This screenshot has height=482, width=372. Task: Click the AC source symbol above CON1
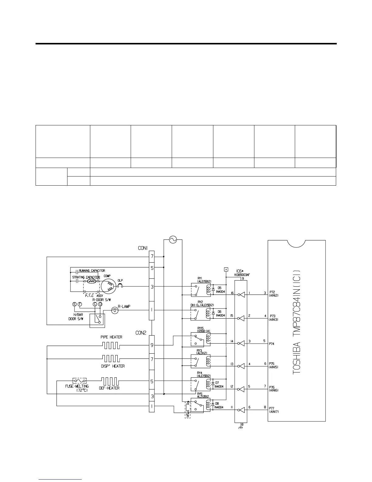click(x=173, y=240)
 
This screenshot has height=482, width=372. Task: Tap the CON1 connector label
click(x=143, y=248)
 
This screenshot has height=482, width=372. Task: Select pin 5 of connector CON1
click(x=152, y=268)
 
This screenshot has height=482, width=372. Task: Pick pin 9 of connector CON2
click(x=152, y=345)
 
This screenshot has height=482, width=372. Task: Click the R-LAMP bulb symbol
click(x=115, y=310)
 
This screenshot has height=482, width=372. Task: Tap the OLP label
click(x=120, y=280)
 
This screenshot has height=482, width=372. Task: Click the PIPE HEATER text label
click(x=111, y=337)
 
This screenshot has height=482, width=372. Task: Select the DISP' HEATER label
click(x=113, y=366)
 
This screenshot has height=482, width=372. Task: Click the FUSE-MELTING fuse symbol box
click(x=80, y=381)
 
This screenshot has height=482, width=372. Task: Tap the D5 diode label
click(x=219, y=287)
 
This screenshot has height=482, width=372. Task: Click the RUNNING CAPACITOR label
click(x=92, y=271)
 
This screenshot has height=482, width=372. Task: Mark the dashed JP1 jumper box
click(x=188, y=410)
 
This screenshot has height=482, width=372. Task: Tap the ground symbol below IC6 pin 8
click(x=241, y=428)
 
